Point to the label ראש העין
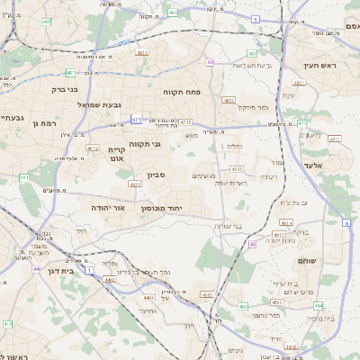pyautogui.click(x=319, y=65)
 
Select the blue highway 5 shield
pyautogui.click(x=256, y=19)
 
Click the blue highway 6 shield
pyautogui.click(x=346, y=221)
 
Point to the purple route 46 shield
pyautogui.click(x=252, y=244)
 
